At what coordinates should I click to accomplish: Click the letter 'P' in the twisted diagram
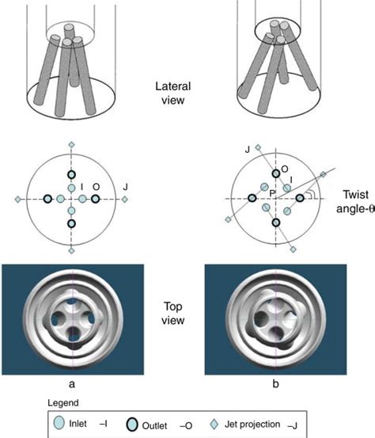[x=271, y=192]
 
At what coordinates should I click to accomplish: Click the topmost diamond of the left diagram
[x=71, y=145]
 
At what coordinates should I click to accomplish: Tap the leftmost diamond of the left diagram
[x=17, y=198]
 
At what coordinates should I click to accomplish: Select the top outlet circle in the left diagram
[x=71, y=175]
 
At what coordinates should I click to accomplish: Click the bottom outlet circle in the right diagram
[x=276, y=223]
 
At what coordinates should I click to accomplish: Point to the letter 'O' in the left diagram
[x=96, y=188]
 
